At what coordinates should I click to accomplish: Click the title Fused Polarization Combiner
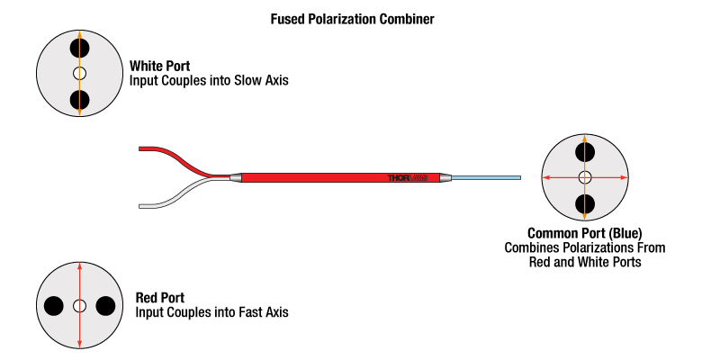tap(352, 19)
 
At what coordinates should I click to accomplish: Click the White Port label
tap(160, 66)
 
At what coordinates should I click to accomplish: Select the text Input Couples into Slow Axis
tap(209, 81)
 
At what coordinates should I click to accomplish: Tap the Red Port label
tap(160, 298)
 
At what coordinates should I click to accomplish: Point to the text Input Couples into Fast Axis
tap(211, 312)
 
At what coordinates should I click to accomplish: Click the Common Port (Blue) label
tap(585, 233)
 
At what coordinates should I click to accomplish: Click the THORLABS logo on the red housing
tap(408, 178)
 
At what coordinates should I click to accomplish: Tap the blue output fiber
tap(486, 178)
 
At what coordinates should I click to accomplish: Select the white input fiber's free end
tap(139, 206)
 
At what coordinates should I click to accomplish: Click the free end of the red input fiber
tap(139, 148)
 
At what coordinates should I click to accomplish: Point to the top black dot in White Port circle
tap(80, 48)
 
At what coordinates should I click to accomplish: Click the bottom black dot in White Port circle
tap(80, 100)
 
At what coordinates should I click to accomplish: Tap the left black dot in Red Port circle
tap(54, 306)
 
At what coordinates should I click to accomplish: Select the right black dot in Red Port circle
tap(105, 306)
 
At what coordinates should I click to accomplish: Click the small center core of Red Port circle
tap(80, 306)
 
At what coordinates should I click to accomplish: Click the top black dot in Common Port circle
tap(585, 152)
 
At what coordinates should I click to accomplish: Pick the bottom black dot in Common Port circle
tap(585, 203)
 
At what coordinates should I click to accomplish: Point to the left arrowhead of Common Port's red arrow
tap(545, 178)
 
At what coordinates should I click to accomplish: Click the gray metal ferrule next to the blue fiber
tap(444, 178)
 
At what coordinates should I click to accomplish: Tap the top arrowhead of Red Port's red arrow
tap(80, 266)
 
